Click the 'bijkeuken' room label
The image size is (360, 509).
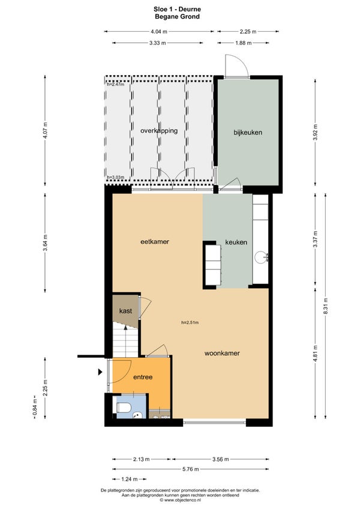click(x=248, y=133)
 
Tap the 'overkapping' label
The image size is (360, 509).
click(x=159, y=131)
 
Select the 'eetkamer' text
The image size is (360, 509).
click(x=155, y=241)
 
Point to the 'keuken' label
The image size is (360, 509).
click(x=236, y=242)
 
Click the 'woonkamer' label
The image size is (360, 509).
click(x=222, y=353)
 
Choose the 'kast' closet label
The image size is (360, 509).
click(x=125, y=311)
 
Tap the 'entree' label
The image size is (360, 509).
click(x=143, y=377)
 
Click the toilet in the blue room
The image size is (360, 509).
click(x=124, y=407)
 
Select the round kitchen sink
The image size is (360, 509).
click(x=260, y=258)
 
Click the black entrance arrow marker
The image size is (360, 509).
click(x=100, y=372)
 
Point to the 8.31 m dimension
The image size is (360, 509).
click(x=326, y=306)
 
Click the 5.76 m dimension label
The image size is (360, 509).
click(x=191, y=469)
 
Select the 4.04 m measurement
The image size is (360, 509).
click(x=159, y=31)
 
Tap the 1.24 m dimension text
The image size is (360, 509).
click(x=129, y=479)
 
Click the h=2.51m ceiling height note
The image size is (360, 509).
click(x=190, y=323)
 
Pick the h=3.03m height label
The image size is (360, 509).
click(x=116, y=177)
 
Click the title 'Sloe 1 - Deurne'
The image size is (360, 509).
click(x=177, y=10)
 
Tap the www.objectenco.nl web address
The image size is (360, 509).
click(x=183, y=500)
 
